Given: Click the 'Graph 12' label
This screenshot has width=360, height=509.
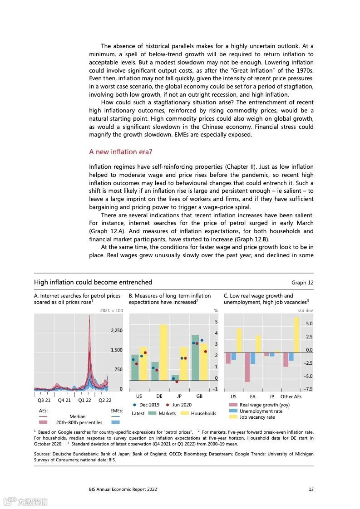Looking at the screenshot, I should tap(302, 282).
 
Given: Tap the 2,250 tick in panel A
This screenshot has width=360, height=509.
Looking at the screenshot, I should tap(117, 330).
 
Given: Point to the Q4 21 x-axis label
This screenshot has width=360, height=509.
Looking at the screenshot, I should tap(64, 400).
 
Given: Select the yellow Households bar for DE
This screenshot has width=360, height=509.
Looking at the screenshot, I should tap(163, 352).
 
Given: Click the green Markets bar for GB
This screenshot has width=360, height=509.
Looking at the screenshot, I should tap(195, 357).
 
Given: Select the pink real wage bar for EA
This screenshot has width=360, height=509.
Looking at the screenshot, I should tap(247, 367).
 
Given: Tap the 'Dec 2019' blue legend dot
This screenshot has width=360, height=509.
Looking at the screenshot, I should tap(135, 405).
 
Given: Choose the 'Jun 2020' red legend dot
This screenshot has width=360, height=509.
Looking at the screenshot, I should tap(168, 405).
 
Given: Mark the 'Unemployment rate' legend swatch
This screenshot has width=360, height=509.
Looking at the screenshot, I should tap(233, 411).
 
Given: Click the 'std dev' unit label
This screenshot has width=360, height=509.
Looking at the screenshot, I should tap(305, 311).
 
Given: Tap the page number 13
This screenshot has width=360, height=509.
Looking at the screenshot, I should tap(311, 489).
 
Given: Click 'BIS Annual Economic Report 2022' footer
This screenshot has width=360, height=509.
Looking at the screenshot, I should tap(123, 489).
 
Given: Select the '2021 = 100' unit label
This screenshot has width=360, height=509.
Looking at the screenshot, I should tap(111, 311).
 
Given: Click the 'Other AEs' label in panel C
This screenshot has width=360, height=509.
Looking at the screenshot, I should tap(291, 396).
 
